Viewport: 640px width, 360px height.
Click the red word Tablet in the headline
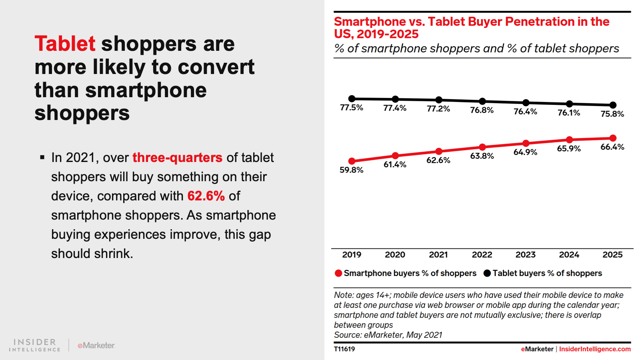pyautogui.click(x=65, y=44)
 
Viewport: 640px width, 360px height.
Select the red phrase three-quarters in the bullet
pyautogui.click(x=177, y=158)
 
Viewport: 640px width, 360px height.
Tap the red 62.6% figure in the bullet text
pyautogui.click(x=206, y=196)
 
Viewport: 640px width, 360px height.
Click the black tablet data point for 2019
pyautogui.click(x=352, y=98)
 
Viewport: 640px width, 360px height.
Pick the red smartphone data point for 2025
pyautogui.click(x=613, y=138)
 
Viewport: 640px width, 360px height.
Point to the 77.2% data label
pyautogui.click(x=438, y=109)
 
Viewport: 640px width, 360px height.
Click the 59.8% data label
pyautogui.click(x=352, y=170)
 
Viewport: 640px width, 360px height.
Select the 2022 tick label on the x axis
pyautogui.click(x=482, y=255)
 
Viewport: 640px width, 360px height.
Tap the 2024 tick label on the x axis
pyautogui.click(x=569, y=255)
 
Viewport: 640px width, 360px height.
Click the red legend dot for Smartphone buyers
pyautogui.click(x=338, y=273)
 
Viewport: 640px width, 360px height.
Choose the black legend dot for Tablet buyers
pyautogui.click(x=487, y=273)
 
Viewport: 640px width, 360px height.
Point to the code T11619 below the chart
pyautogui.click(x=344, y=349)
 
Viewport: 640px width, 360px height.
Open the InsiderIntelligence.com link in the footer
pyautogui.click(x=595, y=349)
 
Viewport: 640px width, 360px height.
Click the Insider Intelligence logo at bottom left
pyautogui.click(x=35, y=345)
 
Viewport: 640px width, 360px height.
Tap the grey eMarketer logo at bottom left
pyautogui.click(x=96, y=345)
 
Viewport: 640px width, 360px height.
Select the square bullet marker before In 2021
pyautogui.click(x=42, y=158)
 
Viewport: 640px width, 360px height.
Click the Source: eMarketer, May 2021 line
pyautogui.click(x=388, y=335)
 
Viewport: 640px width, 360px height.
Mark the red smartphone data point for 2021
pyautogui.click(x=439, y=151)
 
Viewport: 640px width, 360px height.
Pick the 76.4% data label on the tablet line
pyautogui.click(x=525, y=112)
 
